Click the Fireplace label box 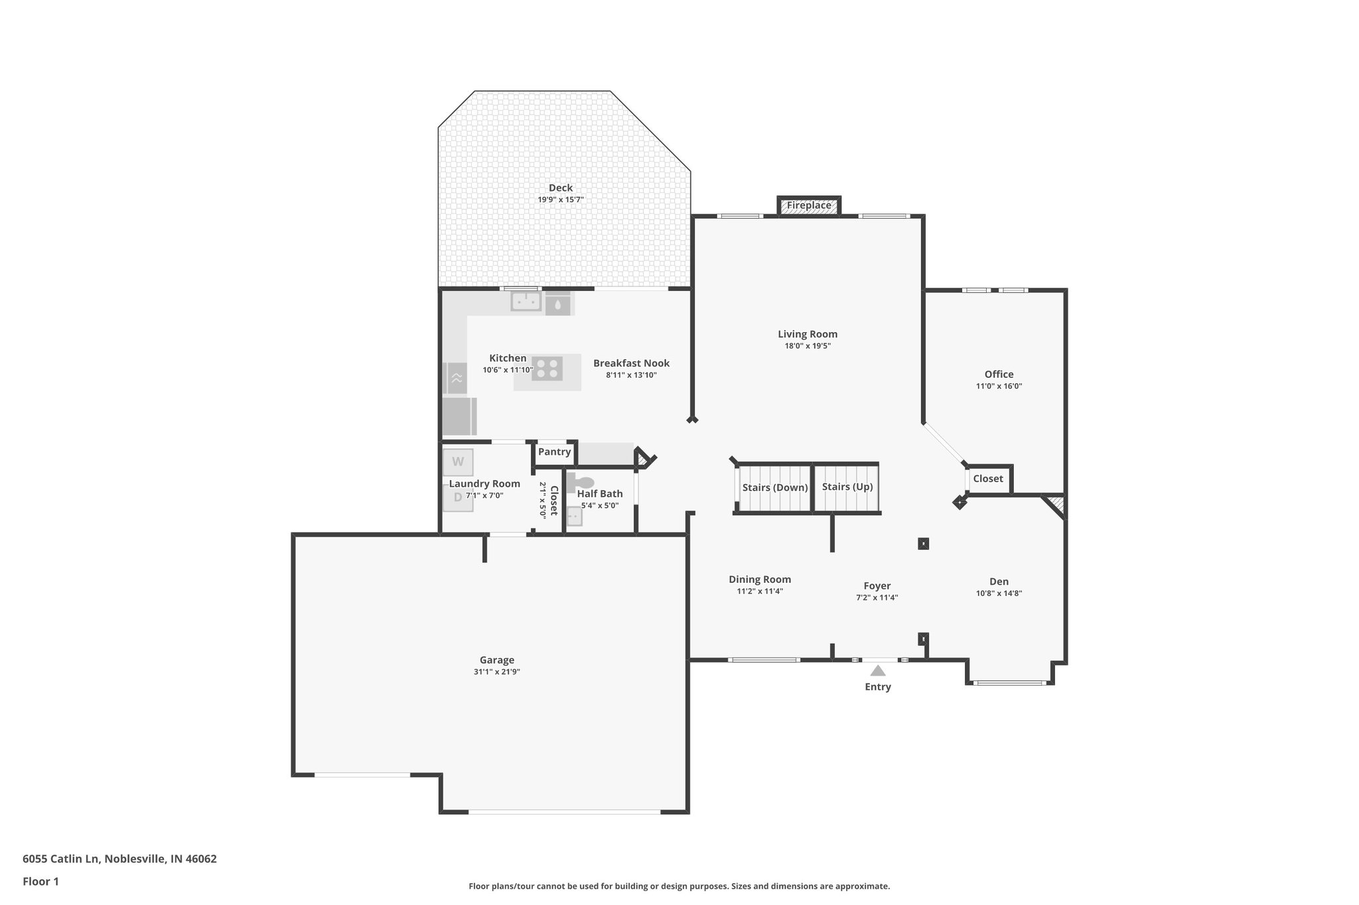click(809, 206)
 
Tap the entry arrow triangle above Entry click(877, 671)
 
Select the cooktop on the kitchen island click(547, 369)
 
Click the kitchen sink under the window click(526, 302)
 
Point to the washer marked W click(458, 461)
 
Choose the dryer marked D click(458, 497)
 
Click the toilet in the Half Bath click(582, 482)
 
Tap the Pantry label click(554, 452)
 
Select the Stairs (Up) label click(847, 487)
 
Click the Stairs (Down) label click(775, 487)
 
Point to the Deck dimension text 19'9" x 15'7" click(561, 200)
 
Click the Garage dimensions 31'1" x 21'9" click(497, 672)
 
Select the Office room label click(999, 374)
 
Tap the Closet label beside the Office click(988, 479)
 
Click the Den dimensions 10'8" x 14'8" click(999, 593)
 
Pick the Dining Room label click(760, 579)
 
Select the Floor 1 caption click(40, 881)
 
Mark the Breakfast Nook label click(631, 363)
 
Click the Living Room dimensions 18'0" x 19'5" click(808, 345)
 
